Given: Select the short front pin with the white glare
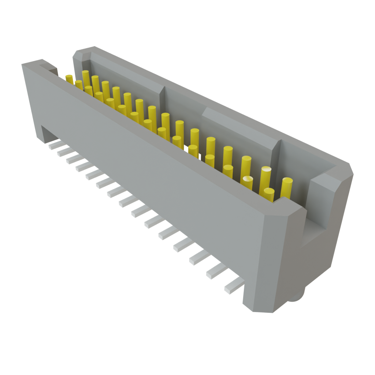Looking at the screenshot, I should click(x=248, y=182).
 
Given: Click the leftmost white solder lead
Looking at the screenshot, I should click(x=53, y=146).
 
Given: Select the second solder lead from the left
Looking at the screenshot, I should click(x=63, y=152).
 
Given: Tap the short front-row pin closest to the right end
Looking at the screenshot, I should click(x=269, y=194).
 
